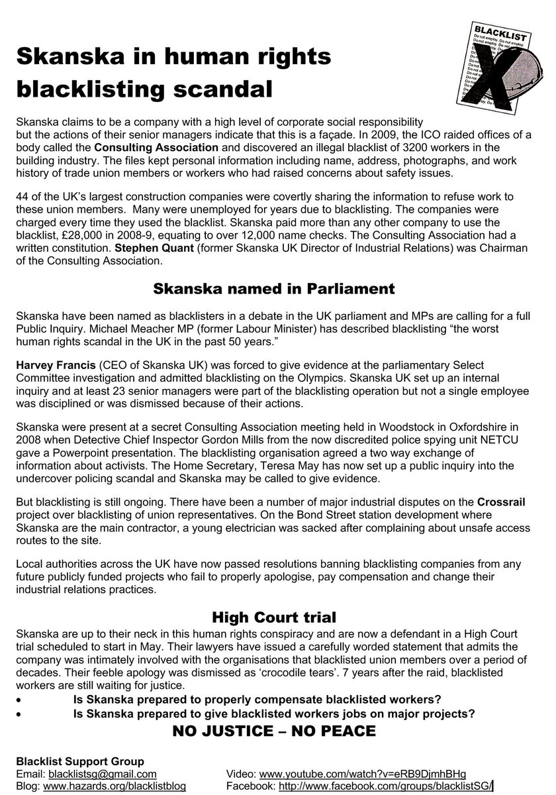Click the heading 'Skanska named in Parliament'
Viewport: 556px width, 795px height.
[273, 289]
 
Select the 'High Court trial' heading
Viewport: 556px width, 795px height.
[274, 617]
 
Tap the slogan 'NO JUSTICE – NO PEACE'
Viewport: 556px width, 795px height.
[274, 731]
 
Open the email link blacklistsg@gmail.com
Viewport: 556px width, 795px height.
[102, 773]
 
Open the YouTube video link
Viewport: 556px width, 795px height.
[362, 773]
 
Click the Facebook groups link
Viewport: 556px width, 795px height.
[386, 786]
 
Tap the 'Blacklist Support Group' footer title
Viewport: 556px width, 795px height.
[79, 761]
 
